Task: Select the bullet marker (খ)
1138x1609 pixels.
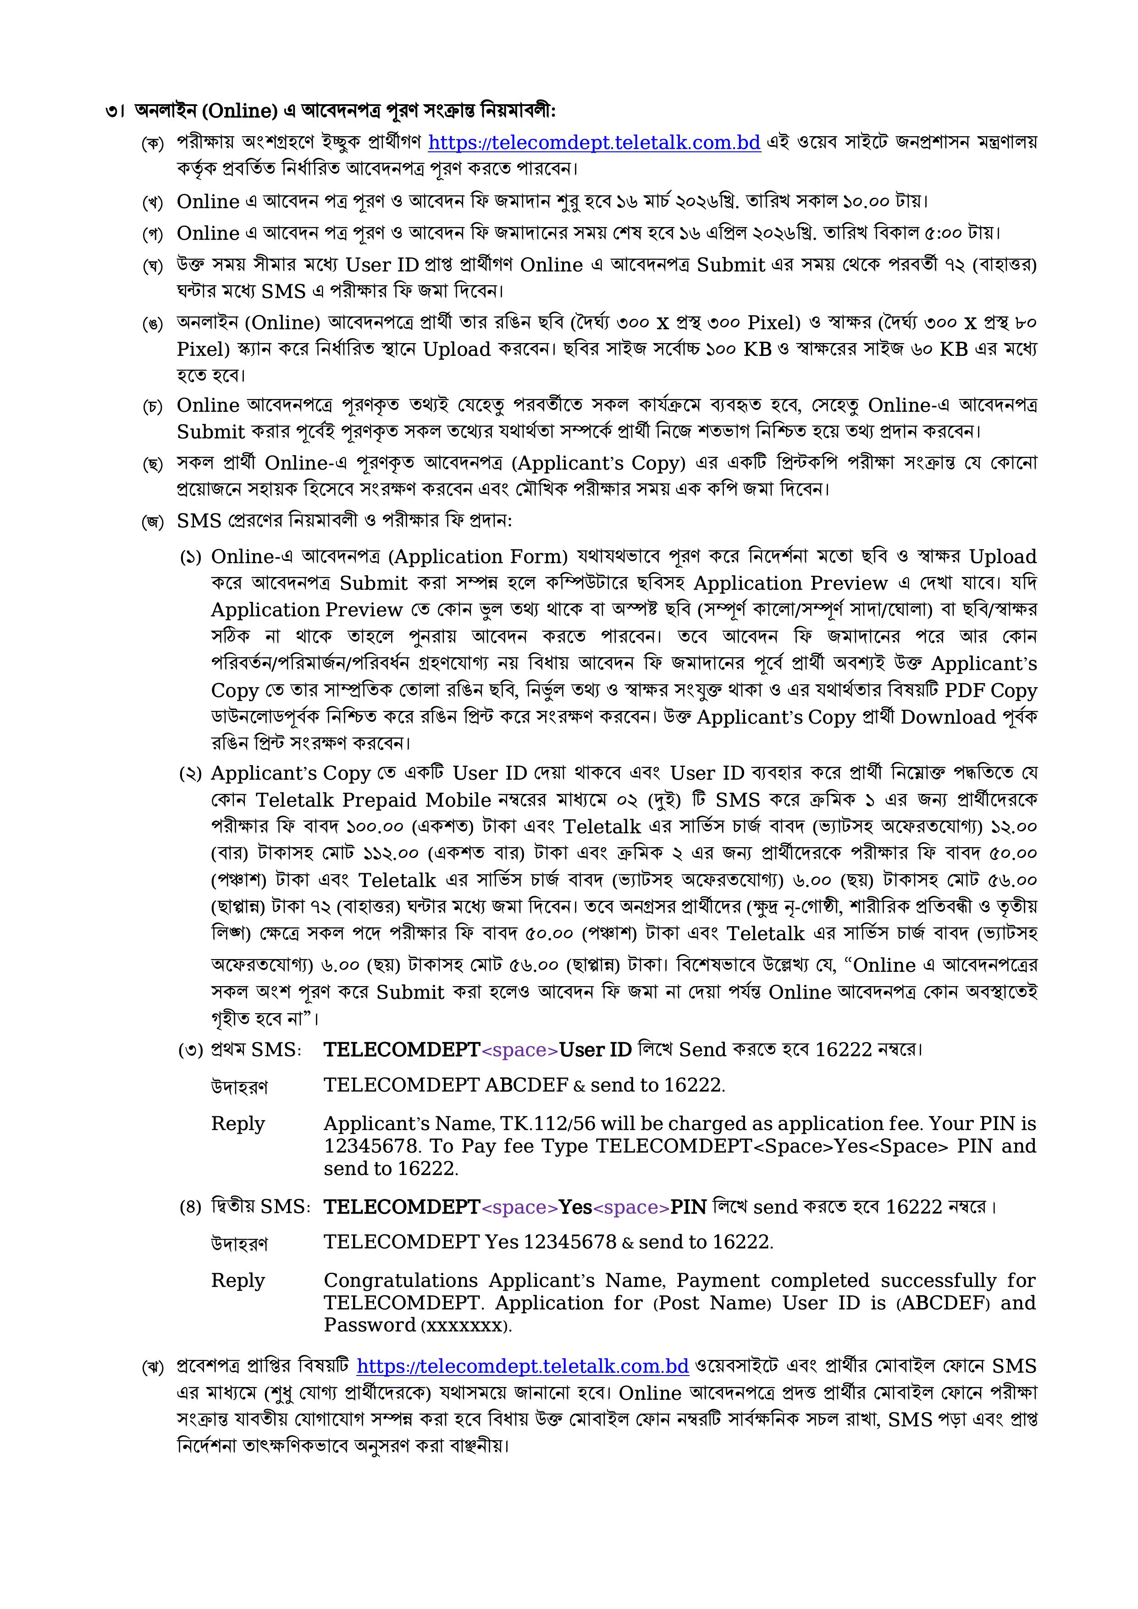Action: coord(152,203)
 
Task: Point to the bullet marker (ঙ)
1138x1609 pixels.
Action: coord(152,324)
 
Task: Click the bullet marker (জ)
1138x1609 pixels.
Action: coord(152,522)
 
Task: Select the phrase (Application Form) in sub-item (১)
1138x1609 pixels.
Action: coord(478,556)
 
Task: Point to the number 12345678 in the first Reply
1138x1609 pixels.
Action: coord(364,1146)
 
